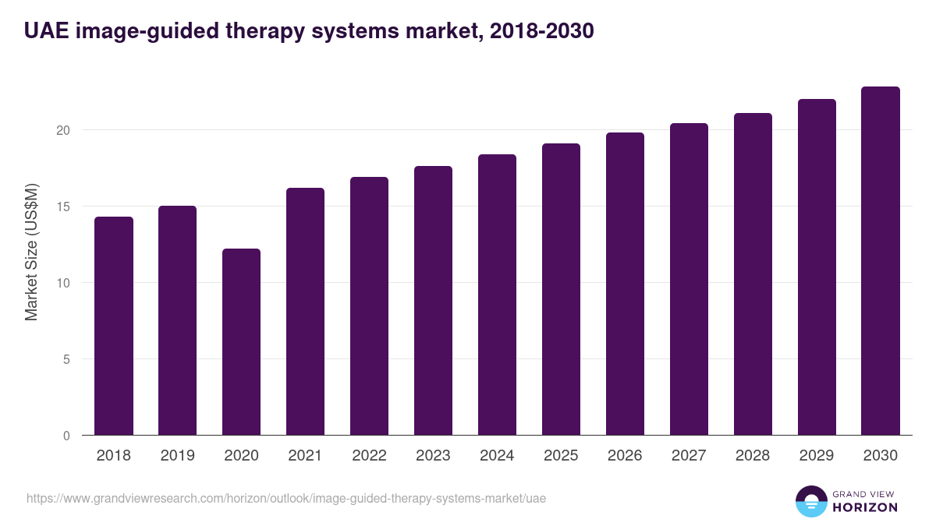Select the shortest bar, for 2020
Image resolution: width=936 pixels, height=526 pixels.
[242, 342]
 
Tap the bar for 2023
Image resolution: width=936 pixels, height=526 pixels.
[434, 301]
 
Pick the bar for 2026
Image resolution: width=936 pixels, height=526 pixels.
[626, 284]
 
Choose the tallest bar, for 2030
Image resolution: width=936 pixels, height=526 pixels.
[881, 261]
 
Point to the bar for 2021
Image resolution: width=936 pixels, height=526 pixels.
[306, 312]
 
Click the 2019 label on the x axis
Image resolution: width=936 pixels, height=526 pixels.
[178, 456]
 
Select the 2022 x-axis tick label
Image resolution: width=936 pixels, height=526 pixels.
[370, 456]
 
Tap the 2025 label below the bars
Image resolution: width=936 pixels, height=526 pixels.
[562, 456]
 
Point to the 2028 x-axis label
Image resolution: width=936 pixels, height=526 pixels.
[753, 456]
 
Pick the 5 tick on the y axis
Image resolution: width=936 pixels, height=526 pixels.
[66, 359]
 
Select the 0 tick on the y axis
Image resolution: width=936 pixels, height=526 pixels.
[66, 436]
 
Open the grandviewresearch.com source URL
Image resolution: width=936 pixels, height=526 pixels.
[286, 498]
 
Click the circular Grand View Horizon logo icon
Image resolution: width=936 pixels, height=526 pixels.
[810, 501]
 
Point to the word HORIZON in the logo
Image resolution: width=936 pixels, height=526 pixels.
[864, 507]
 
